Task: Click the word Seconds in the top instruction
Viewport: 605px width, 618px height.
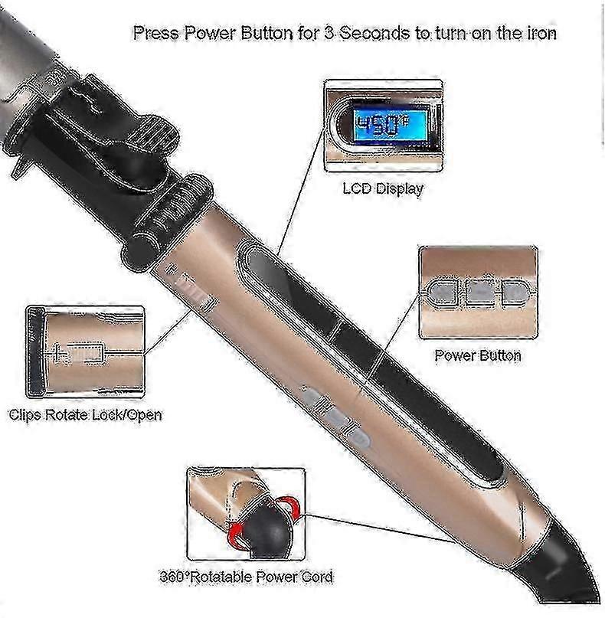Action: [x=374, y=33]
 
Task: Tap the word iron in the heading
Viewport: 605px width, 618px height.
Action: [x=541, y=33]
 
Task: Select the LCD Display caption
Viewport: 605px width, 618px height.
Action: [x=383, y=188]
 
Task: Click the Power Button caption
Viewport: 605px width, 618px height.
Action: [x=478, y=355]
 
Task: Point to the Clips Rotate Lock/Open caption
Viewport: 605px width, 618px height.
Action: [x=86, y=414]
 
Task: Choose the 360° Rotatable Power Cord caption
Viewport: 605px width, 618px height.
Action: [x=247, y=577]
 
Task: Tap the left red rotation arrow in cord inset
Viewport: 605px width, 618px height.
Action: [x=236, y=535]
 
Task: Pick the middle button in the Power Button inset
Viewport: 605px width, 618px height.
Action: [x=479, y=293]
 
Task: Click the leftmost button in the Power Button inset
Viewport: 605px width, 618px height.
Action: [x=442, y=293]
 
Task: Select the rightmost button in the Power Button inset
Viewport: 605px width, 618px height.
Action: [x=514, y=293]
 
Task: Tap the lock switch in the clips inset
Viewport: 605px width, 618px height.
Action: [x=83, y=352]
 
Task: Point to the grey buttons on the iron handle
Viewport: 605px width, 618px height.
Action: [x=335, y=418]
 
